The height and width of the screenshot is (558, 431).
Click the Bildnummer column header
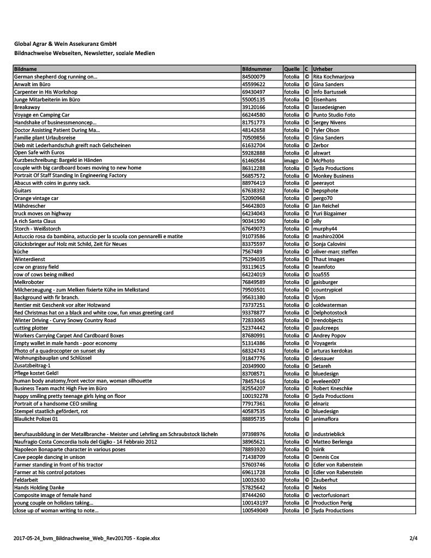coord(256,70)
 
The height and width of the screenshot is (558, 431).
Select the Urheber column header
coord(323,70)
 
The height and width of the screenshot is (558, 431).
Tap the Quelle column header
coord(292,70)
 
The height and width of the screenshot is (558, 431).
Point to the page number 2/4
coord(414,538)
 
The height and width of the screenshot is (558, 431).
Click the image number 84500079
coord(253,77)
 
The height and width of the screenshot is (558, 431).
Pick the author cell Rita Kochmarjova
coord(334,77)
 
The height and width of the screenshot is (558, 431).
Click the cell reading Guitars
coord(22,191)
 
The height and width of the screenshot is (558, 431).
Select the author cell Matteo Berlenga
coord(333,441)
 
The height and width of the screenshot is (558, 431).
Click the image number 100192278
coord(254,396)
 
